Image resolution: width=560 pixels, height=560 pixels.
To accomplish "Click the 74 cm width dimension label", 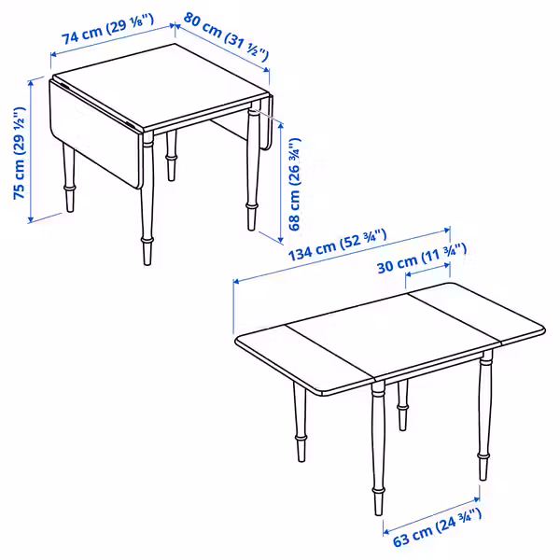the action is click(108, 29).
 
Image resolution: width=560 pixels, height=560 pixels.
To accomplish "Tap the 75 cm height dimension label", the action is click(20, 153).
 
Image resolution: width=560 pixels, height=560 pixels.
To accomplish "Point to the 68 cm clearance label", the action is click(295, 184).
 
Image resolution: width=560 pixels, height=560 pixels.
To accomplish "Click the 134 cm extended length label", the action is click(337, 245).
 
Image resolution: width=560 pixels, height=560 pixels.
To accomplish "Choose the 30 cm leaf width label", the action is click(422, 258).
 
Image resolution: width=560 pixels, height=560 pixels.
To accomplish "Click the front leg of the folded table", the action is click(147, 198).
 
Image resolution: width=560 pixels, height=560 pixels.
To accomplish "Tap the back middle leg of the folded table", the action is click(172, 155).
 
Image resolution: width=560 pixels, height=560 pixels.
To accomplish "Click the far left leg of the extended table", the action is click(300, 422).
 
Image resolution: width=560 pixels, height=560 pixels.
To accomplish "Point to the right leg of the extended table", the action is click(483, 415).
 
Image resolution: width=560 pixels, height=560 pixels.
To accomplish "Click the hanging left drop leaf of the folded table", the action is click(94, 133).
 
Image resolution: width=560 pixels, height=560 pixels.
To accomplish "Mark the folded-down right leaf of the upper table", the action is click(266, 123).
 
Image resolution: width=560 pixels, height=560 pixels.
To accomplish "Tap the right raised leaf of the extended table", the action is click(477, 313).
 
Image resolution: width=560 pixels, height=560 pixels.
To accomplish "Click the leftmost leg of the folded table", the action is click(69, 177).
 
